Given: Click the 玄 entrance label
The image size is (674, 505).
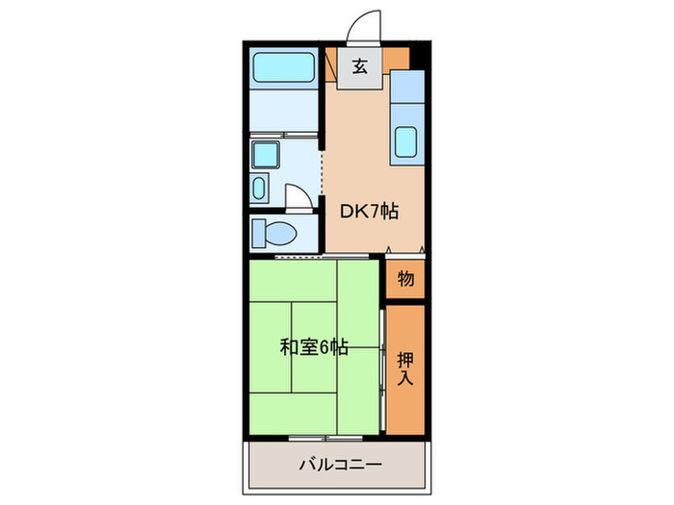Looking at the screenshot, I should click(359, 67).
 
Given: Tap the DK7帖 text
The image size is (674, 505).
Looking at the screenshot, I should click(368, 212).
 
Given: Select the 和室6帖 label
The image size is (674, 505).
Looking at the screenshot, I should click(314, 347).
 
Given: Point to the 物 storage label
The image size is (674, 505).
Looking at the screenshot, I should click(405, 279).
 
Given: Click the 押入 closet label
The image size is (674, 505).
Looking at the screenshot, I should click(405, 367).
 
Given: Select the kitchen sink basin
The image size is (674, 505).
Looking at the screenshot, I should click(407, 142).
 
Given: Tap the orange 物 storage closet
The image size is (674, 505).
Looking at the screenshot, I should click(405, 279).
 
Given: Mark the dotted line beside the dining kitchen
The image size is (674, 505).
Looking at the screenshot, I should click(322, 178).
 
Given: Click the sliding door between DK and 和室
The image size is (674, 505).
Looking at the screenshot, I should click(308, 256).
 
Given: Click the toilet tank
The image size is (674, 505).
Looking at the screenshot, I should click(258, 233).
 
